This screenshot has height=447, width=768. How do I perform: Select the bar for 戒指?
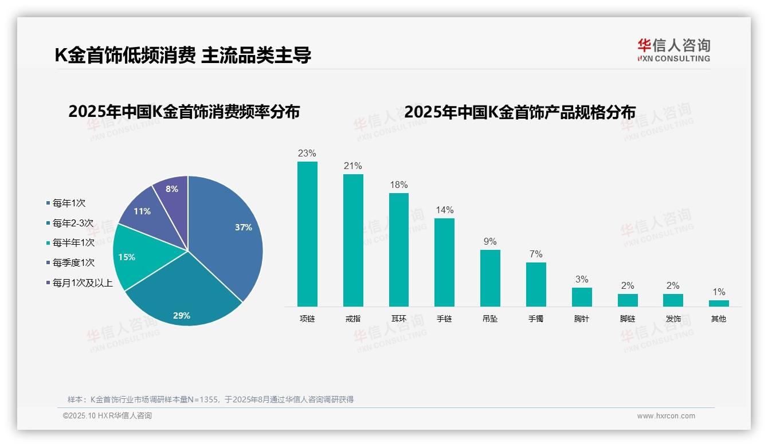tap(353, 240)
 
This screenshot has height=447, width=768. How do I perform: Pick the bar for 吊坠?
tap(490, 278)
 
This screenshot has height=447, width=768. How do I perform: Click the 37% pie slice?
tap(229, 235)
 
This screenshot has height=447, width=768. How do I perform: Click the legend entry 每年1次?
tap(68, 203)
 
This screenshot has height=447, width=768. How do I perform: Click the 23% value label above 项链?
tap(307, 153)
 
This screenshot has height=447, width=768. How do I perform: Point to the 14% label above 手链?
tap(444, 210)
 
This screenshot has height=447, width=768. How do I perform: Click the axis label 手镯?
tap(536, 319)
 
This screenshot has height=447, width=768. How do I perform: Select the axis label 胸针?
tap(582, 319)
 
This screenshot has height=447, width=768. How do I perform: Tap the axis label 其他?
tap(719, 319)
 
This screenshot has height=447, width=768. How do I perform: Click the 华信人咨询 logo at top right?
tap(673, 50)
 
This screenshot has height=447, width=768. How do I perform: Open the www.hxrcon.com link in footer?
tap(666, 416)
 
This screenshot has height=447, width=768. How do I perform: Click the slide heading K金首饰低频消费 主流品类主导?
tap(183, 55)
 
